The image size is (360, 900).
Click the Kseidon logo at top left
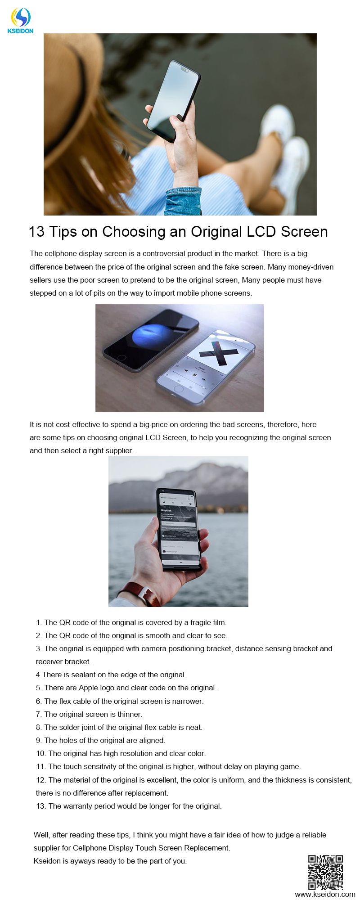21,21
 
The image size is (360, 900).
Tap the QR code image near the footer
325,872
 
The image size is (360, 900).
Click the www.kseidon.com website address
325,894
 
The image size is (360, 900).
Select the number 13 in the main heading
37,232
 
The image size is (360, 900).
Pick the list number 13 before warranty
40,806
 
